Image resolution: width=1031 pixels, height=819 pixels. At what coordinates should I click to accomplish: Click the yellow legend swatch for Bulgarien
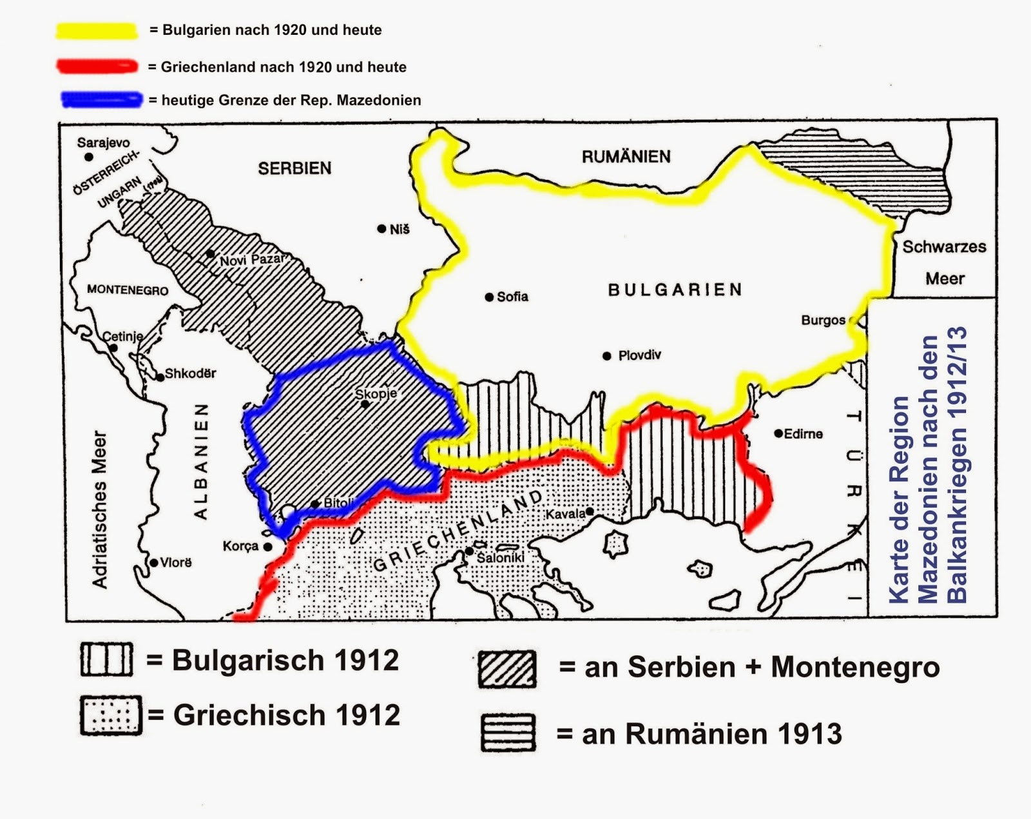tap(97, 31)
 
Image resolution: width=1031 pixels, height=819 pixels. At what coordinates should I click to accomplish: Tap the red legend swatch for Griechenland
tap(97, 66)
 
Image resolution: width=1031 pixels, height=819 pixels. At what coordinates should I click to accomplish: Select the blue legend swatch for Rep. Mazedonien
tap(101, 100)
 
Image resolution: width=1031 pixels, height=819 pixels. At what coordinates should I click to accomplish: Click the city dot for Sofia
tap(490, 297)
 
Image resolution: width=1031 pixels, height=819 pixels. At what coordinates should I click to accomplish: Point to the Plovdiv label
tap(639, 355)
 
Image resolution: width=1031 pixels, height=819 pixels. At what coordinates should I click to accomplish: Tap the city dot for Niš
tap(381, 229)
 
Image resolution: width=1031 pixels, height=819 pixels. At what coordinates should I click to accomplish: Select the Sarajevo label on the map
tap(103, 143)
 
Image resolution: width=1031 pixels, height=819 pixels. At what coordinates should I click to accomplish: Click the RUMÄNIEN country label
tap(626, 157)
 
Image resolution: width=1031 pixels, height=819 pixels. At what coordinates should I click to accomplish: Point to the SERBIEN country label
tap(294, 168)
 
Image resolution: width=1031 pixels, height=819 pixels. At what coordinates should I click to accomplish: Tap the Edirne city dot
tap(778, 433)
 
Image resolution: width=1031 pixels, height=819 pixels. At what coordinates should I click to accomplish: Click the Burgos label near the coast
tap(823, 321)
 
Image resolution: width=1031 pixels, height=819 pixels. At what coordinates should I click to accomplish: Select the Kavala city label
tap(565, 514)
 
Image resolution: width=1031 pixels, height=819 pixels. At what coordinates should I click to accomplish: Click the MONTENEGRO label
tap(128, 290)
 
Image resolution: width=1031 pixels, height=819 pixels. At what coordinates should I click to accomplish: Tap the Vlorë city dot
tap(154, 563)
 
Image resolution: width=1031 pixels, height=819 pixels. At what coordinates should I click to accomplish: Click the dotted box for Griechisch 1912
tap(111, 715)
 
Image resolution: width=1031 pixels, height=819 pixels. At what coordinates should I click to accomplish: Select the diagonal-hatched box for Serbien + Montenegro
tap(507, 669)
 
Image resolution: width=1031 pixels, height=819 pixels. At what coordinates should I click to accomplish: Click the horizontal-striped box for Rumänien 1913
tap(508, 733)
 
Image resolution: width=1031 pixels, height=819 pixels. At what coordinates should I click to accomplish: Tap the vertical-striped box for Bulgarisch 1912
tap(107, 659)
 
